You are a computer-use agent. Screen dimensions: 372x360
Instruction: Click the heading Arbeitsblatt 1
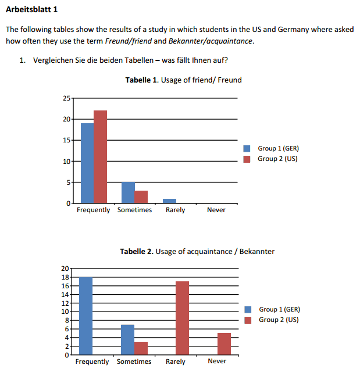[x=32, y=10]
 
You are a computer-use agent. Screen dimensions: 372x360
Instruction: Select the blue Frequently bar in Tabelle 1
[x=87, y=163]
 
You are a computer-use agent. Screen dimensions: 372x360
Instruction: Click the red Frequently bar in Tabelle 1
[x=100, y=156]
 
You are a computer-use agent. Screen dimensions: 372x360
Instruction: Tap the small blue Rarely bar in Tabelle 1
[x=169, y=201]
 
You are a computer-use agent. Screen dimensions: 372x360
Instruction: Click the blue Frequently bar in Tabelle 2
[x=86, y=316]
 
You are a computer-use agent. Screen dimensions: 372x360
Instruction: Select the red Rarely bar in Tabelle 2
[x=182, y=318]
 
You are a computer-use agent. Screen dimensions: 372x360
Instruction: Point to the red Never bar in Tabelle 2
[x=224, y=344]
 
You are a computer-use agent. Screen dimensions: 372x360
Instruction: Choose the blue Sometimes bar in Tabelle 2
[x=127, y=339]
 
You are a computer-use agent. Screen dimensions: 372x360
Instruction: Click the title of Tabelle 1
[x=183, y=80]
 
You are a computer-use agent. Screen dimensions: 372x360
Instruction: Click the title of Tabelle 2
[x=197, y=251]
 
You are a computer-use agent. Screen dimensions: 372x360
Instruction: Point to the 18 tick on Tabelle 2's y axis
[x=65, y=277]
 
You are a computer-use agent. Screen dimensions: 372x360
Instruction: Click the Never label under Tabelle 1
[x=216, y=210]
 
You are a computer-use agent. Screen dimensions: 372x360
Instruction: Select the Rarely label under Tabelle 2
[x=176, y=362]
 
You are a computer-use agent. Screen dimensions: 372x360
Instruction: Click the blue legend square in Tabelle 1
[x=247, y=149]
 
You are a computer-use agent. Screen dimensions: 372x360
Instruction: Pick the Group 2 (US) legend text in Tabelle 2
[x=279, y=320]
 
